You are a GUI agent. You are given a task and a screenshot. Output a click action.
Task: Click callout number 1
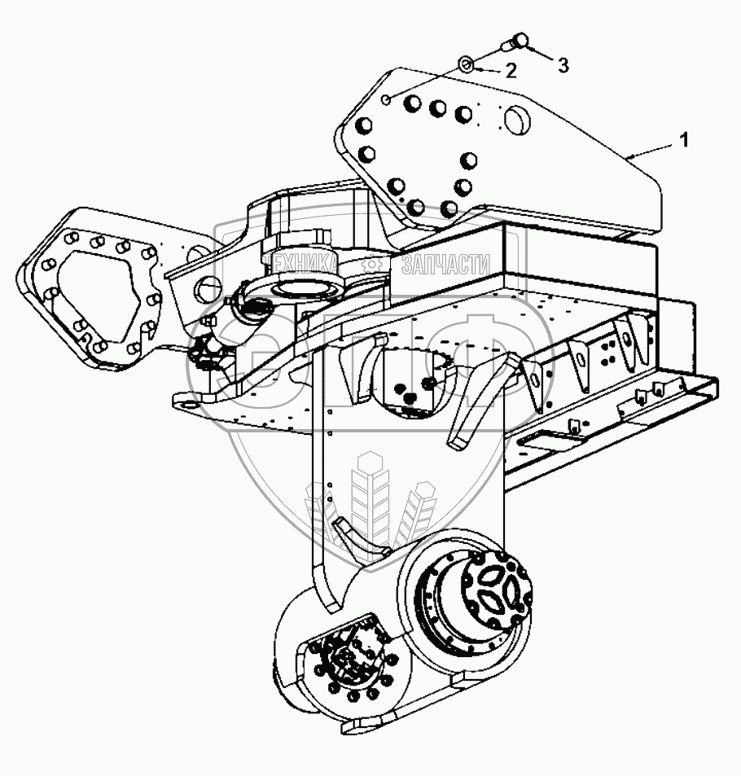click(683, 140)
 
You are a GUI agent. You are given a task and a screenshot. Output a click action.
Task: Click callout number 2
click(511, 70)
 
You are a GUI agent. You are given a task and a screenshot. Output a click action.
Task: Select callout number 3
click(563, 65)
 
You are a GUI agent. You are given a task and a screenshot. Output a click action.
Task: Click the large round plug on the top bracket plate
click(515, 119)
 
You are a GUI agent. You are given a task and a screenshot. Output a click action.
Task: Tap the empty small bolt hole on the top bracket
click(387, 100)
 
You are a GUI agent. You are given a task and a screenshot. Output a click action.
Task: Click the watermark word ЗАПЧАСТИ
click(445, 265)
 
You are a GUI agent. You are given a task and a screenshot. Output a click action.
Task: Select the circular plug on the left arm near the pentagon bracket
click(208, 287)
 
